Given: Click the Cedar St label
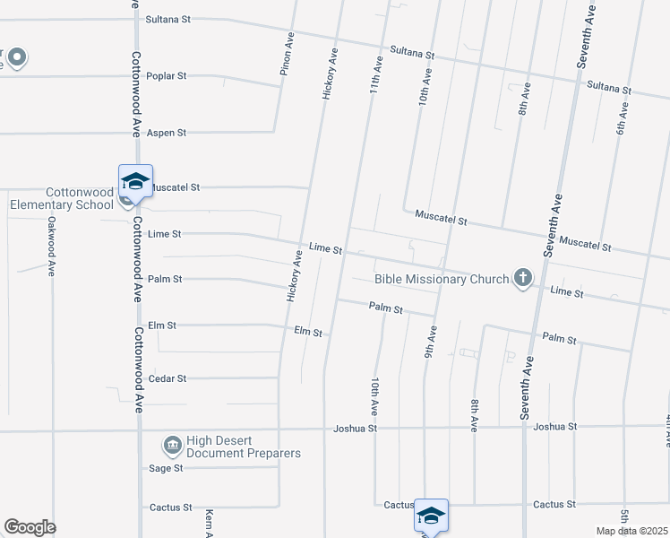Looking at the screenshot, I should click(x=167, y=378).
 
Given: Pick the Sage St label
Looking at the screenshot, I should click(x=166, y=468).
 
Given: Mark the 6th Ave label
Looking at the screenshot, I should click(x=621, y=117).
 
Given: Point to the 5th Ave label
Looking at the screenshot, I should click(x=623, y=519).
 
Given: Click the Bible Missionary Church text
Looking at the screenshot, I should click(x=441, y=280).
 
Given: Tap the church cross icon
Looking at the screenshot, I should click(x=522, y=279).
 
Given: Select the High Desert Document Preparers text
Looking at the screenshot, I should click(x=243, y=447).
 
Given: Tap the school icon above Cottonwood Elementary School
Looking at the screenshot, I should click(x=135, y=180).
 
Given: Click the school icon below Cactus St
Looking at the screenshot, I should click(x=431, y=516).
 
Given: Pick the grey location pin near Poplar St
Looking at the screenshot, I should click(x=17, y=59).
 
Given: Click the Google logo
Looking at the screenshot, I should click(x=30, y=527).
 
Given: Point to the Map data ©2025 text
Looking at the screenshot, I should click(x=631, y=531).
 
